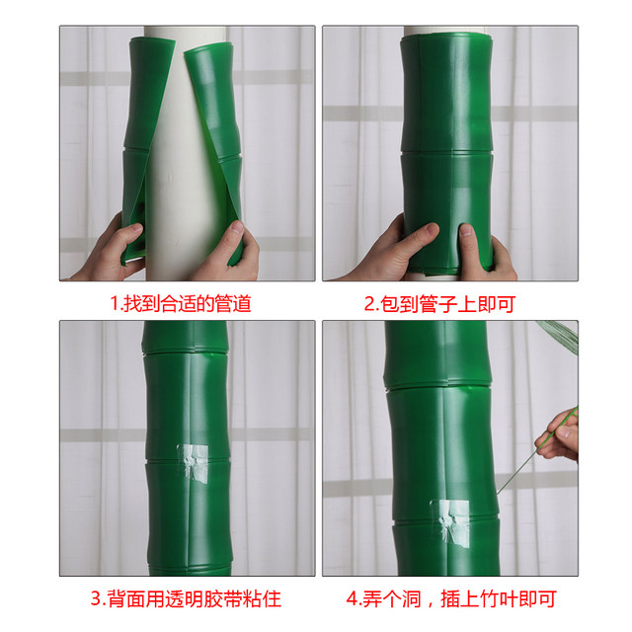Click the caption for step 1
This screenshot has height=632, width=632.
[x=180, y=303]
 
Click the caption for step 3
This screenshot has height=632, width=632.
[x=186, y=598]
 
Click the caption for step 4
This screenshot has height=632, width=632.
[x=450, y=598]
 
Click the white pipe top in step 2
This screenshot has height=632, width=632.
[x=444, y=32]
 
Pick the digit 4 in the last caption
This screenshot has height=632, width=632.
[x=351, y=598]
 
